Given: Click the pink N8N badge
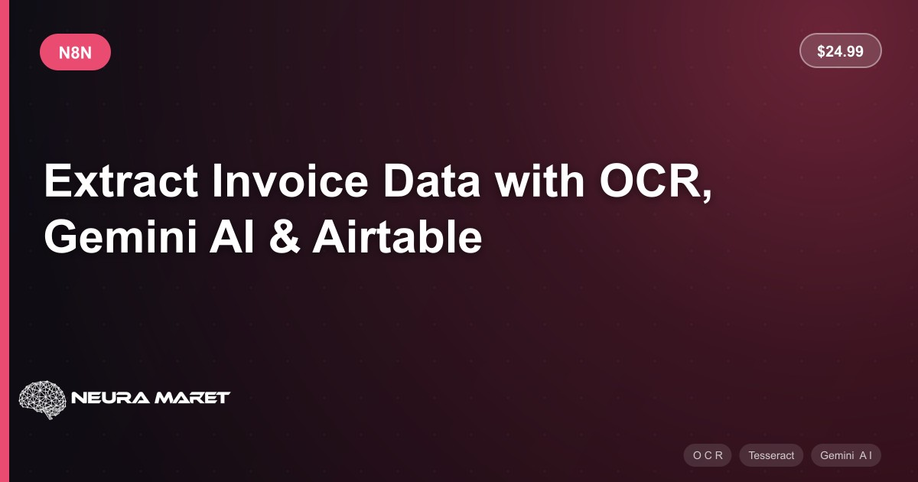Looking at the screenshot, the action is coord(75,52).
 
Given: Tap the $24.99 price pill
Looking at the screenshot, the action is coord(840,50).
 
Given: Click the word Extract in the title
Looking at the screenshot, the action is coord(121,181).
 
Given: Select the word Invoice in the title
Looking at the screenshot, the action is coord(290,181).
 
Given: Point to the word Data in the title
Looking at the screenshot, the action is coord(431,181).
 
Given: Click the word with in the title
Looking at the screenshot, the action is coord(539,181).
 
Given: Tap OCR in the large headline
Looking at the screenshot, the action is coord(651,181).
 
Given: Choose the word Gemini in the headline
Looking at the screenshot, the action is coord(121,237).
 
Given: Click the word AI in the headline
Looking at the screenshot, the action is coord(232,237).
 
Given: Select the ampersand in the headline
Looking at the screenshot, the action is coord(285,237).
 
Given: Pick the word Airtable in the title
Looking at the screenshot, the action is coord(397,237).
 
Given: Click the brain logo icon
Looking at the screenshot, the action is coord(42,399).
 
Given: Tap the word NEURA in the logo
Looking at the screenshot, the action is coord(110,398).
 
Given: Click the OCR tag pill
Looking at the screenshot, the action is coord(708,455).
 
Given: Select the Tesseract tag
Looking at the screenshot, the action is coord(771,455).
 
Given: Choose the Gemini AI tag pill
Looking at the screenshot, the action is coord(846,455).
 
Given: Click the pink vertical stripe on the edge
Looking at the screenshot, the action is coord(5,241).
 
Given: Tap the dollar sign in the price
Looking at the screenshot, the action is coord(821,51).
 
